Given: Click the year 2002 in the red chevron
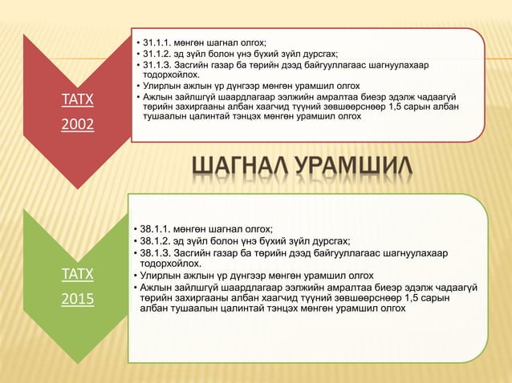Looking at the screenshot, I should click(77, 124).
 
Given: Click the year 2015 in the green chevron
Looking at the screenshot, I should click(77, 299).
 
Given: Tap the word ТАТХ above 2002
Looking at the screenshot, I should click(77, 99).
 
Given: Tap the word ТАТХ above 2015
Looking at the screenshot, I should click(77, 274).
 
